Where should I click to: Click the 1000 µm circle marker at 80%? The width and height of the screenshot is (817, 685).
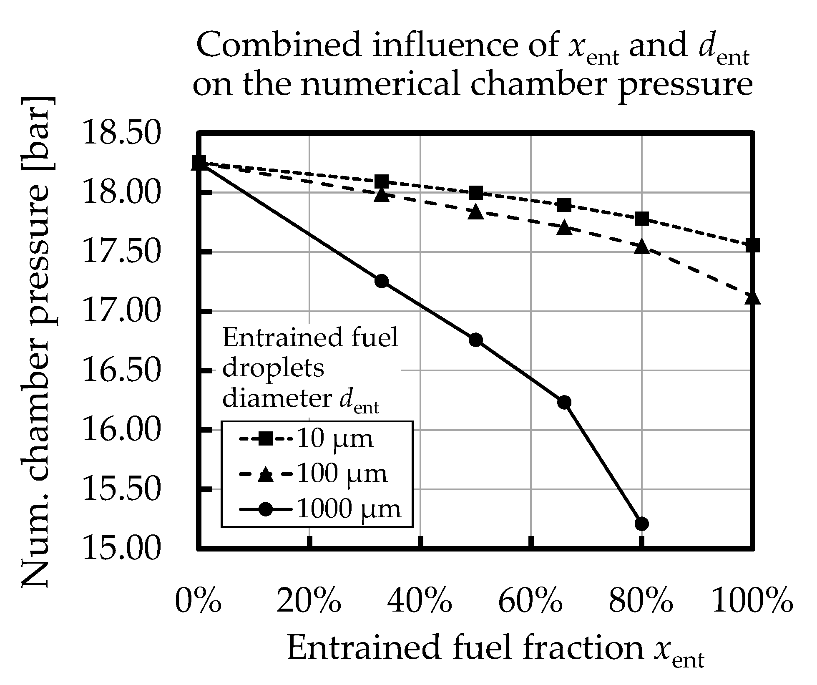[x=642, y=523]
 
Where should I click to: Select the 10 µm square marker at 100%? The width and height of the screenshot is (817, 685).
[x=753, y=245]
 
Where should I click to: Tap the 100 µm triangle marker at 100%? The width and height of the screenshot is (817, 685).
[x=753, y=298]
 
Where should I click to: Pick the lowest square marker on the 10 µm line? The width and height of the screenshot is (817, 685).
[x=753, y=245]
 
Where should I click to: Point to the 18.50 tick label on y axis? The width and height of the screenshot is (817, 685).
[x=121, y=133]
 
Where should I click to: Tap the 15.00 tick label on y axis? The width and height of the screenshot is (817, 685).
[x=121, y=548]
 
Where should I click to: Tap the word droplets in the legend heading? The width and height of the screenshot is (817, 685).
[x=273, y=369]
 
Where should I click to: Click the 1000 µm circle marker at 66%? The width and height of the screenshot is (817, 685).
[x=564, y=402]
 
